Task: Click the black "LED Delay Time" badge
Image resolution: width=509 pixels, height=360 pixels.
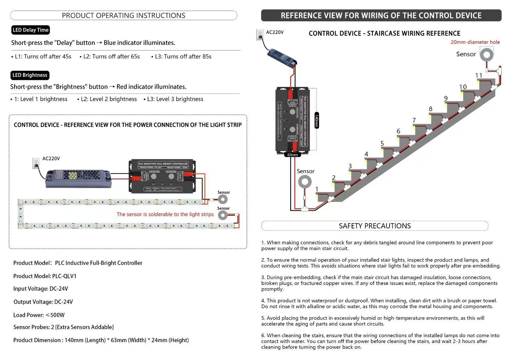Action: (30, 30)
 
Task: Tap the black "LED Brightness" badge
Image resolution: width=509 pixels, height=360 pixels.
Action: (30, 75)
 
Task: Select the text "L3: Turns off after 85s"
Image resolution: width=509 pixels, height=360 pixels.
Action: (183, 57)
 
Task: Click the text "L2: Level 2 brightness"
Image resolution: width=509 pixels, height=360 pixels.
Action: (109, 99)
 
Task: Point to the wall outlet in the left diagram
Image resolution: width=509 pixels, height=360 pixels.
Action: (36, 163)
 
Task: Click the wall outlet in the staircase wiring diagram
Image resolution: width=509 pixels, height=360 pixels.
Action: (260, 34)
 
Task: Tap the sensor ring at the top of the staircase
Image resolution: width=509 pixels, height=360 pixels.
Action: (486, 55)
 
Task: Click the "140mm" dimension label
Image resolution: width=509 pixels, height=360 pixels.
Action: (316, 120)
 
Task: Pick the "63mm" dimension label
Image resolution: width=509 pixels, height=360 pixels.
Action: (292, 155)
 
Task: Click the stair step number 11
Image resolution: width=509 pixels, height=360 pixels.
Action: (479, 75)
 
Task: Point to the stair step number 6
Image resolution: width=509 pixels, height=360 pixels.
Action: (398, 131)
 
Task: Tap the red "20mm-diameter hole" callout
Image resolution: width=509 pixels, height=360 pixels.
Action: (475, 42)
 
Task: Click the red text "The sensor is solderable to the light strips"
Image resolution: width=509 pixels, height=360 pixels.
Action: (165, 214)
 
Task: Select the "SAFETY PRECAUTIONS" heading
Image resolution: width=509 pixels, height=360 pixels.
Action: (375, 226)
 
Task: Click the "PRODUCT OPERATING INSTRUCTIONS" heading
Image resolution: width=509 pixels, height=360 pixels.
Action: (123, 16)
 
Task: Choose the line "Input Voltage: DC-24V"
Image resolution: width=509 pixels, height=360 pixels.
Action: (41, 289)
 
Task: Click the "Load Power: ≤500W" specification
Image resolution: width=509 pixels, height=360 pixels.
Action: (39, 315)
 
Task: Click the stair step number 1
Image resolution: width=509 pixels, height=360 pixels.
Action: (317, 189)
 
